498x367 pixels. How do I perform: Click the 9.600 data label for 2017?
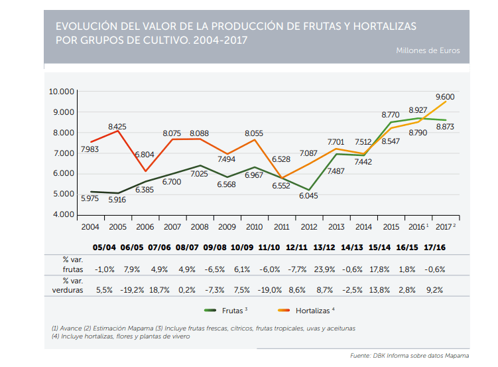(445, 97)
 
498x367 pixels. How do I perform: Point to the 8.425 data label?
(117, 126)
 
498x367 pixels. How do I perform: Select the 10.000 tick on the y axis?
(62, 91)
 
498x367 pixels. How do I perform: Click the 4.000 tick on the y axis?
(64, 214)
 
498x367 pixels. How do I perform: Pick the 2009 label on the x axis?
(227, 227)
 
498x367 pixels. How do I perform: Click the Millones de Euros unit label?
(428, 50)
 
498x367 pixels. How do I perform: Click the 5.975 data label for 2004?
(91, 198)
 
